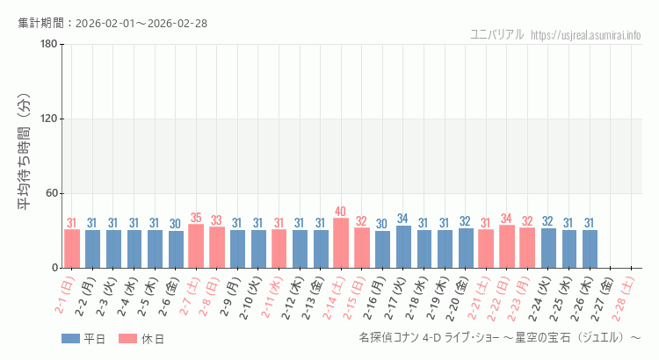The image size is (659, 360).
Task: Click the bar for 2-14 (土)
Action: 341,243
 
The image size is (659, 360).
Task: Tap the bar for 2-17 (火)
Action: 403,247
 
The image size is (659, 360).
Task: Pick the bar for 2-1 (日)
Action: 72,248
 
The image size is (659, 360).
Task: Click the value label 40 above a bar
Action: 341,212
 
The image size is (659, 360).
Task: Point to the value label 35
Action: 196,218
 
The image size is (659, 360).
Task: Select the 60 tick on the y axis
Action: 51,194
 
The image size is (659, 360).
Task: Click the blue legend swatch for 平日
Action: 70,338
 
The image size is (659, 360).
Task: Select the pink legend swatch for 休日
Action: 128,338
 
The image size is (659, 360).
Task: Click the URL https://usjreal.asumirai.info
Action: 586,35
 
